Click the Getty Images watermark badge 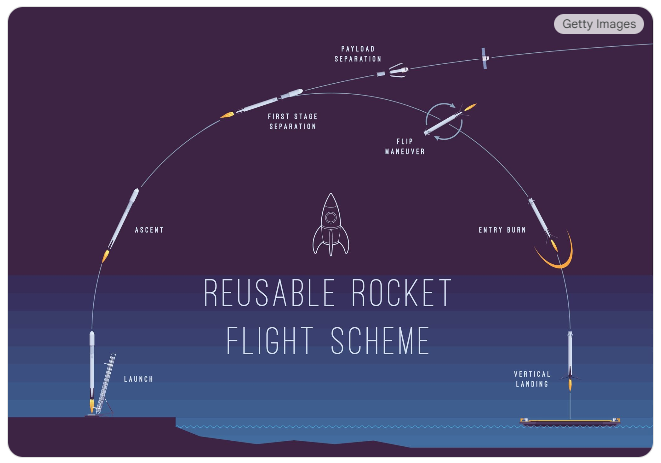(x=598, y=24)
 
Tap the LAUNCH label (x=138, y=380)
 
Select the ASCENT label (x=149, y=230)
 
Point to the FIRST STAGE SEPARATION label (x=293, y=122)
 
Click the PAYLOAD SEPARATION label (x=358, y=53)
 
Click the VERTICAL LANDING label (x=532, y=378)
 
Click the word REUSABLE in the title (x=265, y=294)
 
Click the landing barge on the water (x=570, y=422)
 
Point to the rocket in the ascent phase (x=123, y=217)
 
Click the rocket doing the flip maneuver (x=444, y=122)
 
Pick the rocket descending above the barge (x=570, y=358)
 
